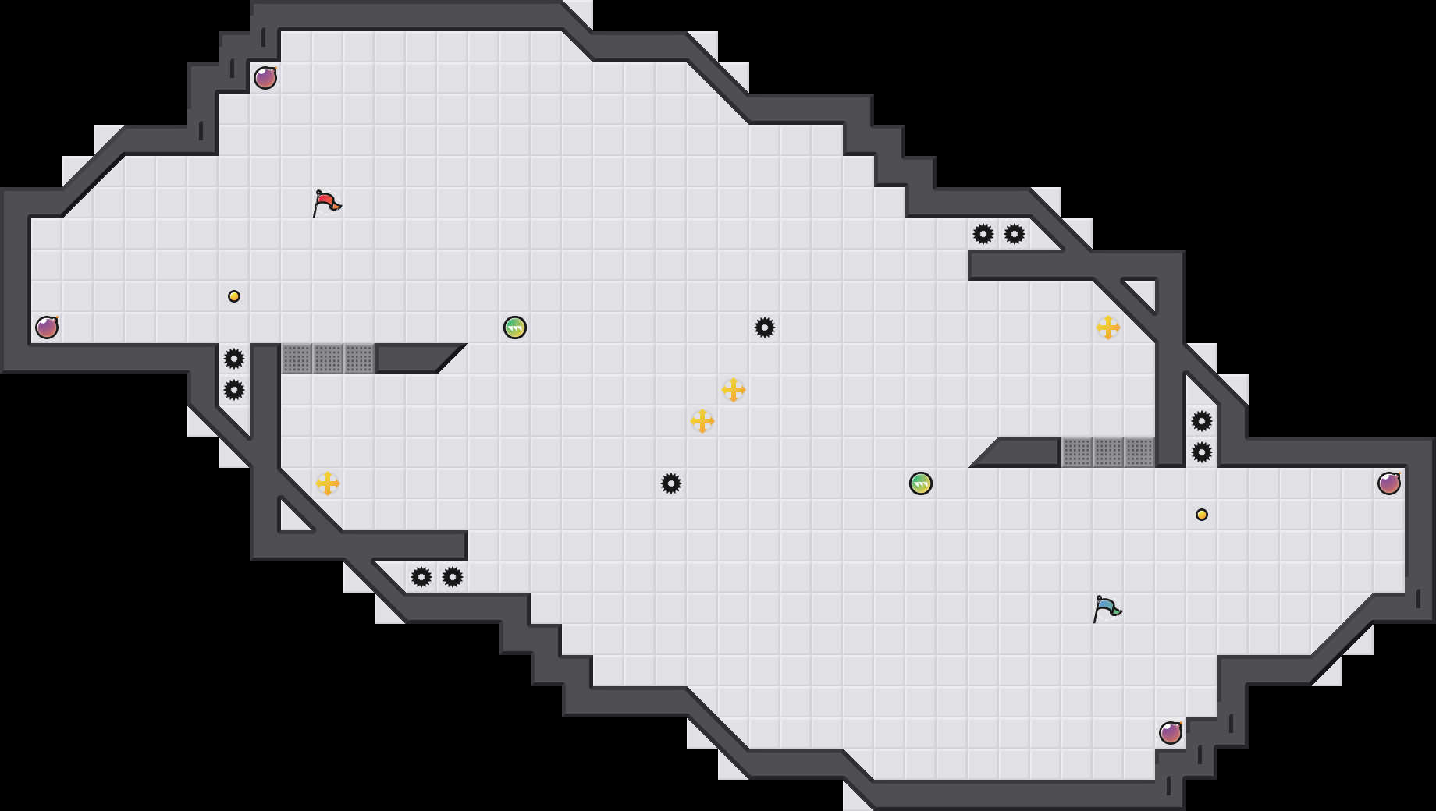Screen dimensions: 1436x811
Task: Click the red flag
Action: [x=326, y=203]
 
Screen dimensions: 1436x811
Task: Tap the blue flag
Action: [x=1107, y=608]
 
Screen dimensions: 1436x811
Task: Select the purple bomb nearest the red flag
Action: [x=265, y=78]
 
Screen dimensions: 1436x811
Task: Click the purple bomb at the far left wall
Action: [x=47, y=328]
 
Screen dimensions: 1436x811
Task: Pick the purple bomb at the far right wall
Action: [x=1389, y=483]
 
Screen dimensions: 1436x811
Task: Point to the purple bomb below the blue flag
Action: [x=1171, y=733]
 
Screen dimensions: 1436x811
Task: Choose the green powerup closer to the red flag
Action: [x=515, y=328]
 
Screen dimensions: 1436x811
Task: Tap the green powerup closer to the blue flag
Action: [x=921, y=483]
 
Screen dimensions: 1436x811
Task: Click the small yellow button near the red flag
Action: [x=234, y=296]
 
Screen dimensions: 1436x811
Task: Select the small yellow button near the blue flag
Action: [x=1202, y=515]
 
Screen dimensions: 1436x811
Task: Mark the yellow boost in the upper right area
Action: [x=1108, y=328]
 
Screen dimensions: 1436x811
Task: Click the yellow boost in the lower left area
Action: [x=328, y=483]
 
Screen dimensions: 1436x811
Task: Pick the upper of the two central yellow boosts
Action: [x=734, y=390]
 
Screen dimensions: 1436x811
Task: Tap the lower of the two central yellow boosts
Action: [x=702, y=421]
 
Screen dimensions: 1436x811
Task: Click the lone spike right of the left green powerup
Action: [x=765, y=328]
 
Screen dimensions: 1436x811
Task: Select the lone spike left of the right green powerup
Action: [x=671, y=483]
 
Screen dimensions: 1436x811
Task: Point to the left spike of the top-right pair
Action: [x=983, y=234]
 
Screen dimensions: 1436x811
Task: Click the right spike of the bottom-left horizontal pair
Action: [x=453, y=577]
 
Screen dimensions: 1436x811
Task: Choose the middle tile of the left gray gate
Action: [x=328, y=359]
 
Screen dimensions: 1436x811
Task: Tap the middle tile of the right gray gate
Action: [x=1108, y=452]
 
